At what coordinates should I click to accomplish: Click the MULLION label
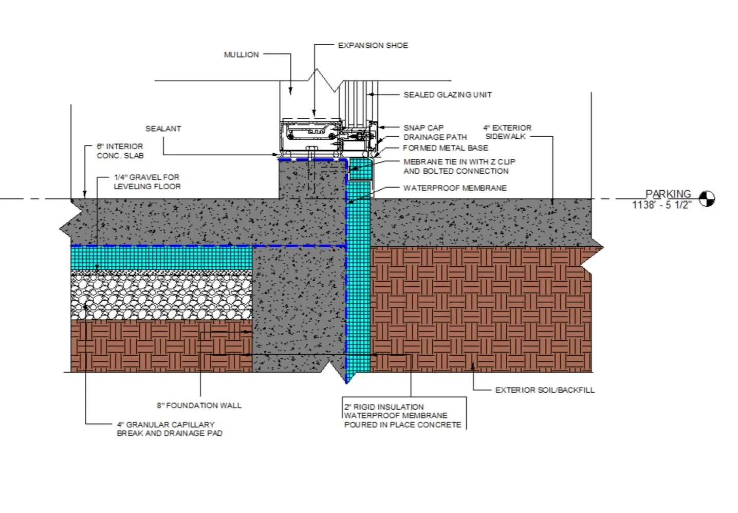(x=241, y=54)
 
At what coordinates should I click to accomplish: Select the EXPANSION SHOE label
(x=373, y=46)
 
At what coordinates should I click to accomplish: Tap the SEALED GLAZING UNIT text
(x=447, y=95)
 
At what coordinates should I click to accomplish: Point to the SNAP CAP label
(x=423, y=127)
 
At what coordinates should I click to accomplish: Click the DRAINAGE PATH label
(x=435, y=137)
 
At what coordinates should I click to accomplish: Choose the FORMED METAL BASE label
(x=445, y=148)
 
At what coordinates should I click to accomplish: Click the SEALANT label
(x=163, y=129)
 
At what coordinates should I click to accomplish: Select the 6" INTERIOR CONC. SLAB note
(x=120, y=151)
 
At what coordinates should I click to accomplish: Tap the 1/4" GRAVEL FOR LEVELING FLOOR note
(x=147, y=181)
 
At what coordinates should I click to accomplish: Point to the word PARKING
(x=668, y=194)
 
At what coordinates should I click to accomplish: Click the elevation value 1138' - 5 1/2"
(x=662, y=205)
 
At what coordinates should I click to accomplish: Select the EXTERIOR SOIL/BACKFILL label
(x=544, y=390)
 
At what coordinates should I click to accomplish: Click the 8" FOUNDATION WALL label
(x=199, y=406)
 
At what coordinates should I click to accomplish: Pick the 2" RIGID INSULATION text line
(x=384, y=407)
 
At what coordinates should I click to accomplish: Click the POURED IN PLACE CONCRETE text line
(x=402, y=425)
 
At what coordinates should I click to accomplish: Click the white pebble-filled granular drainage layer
(x=161, y=295)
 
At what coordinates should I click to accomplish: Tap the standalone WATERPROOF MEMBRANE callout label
(x=455, y=188)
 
